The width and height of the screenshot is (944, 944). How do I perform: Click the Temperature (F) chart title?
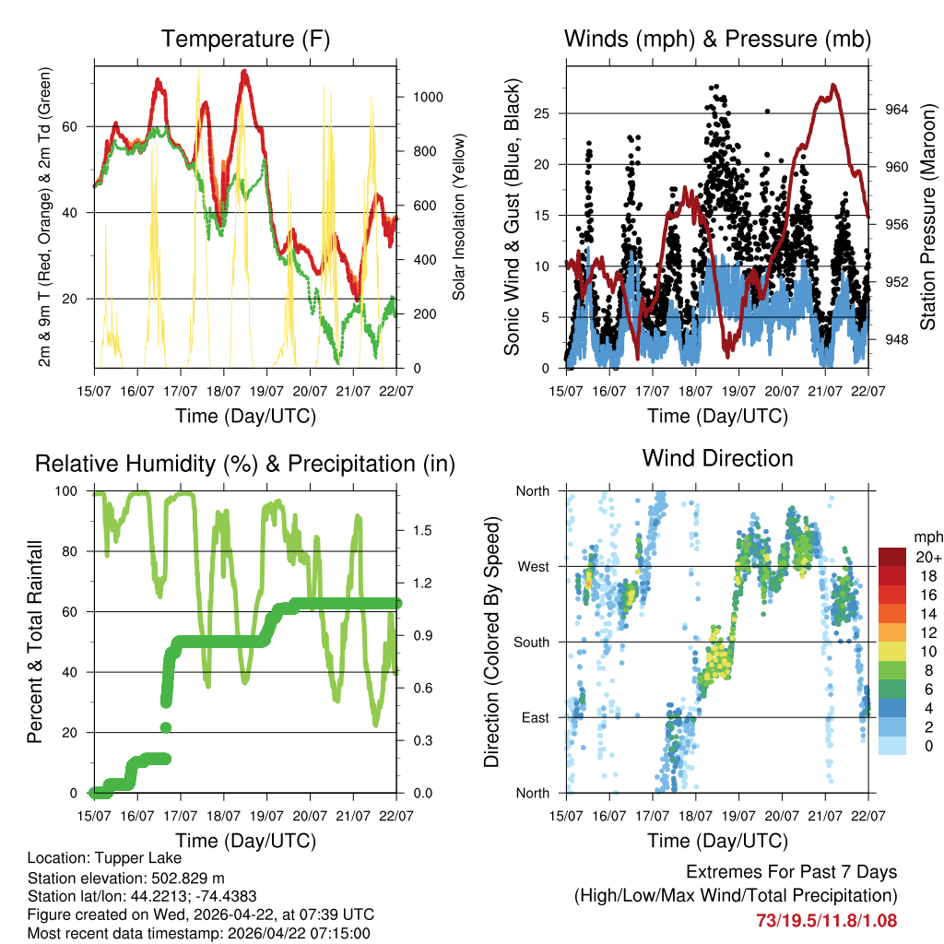(245, 40)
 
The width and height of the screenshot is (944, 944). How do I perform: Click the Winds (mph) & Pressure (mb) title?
(717, 40)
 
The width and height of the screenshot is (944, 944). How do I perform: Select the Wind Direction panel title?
(717, 458)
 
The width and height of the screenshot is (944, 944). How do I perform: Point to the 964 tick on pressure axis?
(896, 110)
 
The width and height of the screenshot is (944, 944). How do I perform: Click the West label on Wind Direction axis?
(532, 566)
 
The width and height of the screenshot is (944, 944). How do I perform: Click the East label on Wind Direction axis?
(533, 717)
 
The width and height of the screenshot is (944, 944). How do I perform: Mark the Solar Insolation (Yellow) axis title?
(458, 218)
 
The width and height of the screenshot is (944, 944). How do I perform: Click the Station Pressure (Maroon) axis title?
(928, 218)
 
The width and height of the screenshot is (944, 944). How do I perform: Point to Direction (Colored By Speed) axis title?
(491, 641)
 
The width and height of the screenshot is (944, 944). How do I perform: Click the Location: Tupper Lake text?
(104, 858)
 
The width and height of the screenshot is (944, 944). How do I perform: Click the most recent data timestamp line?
(198, 933)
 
